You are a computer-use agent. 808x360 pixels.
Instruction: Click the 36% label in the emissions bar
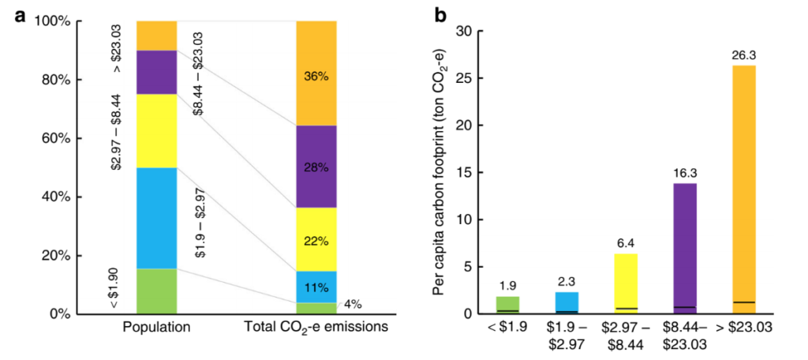pos(316,77)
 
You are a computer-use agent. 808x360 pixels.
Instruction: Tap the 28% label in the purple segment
pos(316,167)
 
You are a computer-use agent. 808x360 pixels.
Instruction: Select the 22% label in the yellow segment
pos(316,241)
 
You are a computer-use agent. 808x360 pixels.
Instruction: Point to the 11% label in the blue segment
pos(316,287)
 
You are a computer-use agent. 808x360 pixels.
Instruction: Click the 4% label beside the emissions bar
pos(353,304)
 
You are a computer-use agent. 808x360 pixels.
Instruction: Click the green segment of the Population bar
pos(156,291)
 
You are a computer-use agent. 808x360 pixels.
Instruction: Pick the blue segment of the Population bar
pos(156,218)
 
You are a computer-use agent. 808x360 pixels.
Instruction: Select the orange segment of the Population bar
pos(156,36)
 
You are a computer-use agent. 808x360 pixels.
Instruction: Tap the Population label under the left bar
pos(157,328)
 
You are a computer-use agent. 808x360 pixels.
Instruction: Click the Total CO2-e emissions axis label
pos(316,328)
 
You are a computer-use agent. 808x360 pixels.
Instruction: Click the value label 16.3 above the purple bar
pos(685,174)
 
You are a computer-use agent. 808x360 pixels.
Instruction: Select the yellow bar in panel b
pos(626,283)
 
